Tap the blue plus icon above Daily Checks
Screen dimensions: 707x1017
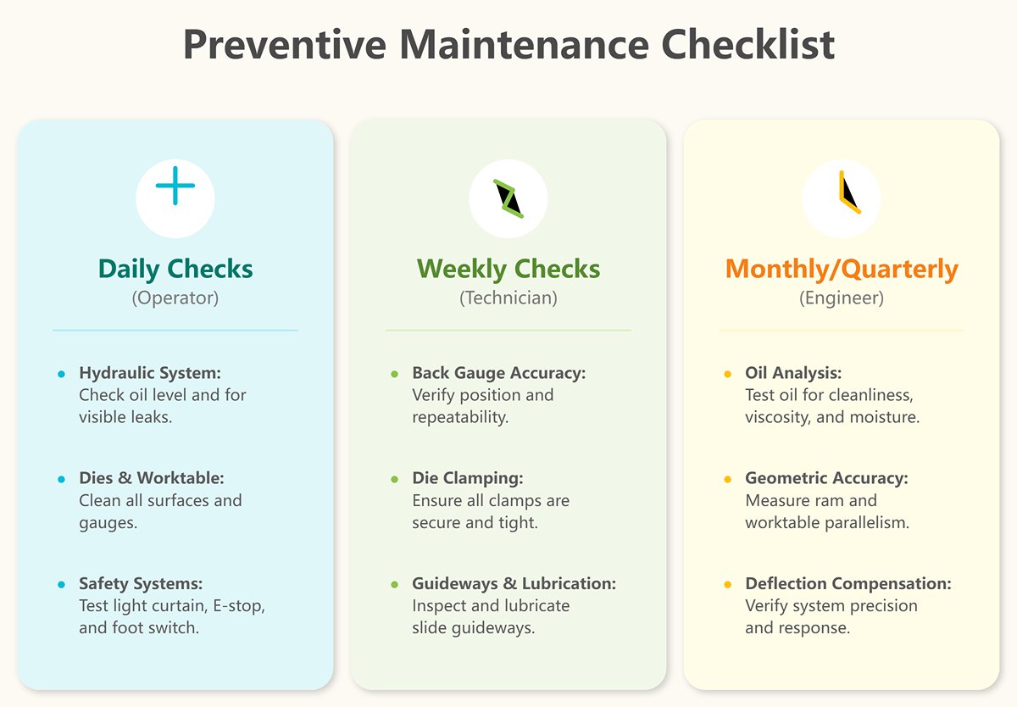(x=175, y=186)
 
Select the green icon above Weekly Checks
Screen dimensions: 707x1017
(x=508, y=198)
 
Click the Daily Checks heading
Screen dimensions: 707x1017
(x=175, y=270)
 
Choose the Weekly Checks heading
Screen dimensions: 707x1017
(x=508, y=270)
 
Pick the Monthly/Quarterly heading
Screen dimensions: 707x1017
(x=842, y=270)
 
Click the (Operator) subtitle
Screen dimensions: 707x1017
(x=175, y=298)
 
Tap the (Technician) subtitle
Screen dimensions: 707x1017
(x=508, y=298)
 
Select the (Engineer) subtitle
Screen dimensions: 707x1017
(x=842, y=298)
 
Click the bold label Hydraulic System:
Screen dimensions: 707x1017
(x=149, y=373)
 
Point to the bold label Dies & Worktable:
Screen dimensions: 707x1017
(x=151, y=478)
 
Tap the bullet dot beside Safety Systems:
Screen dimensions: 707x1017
(x=61, y=585)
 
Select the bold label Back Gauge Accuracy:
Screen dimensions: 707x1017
(x=498, y=373)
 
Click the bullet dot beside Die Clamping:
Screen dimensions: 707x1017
(x=394, y=480)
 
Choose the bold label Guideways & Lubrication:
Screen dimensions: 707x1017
(x=514, y=584)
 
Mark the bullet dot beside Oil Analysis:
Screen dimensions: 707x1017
(x=727, y=374)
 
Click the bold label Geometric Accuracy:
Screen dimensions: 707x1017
(x=826, y=478)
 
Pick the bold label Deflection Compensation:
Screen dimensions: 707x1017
(x=847, y=584)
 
